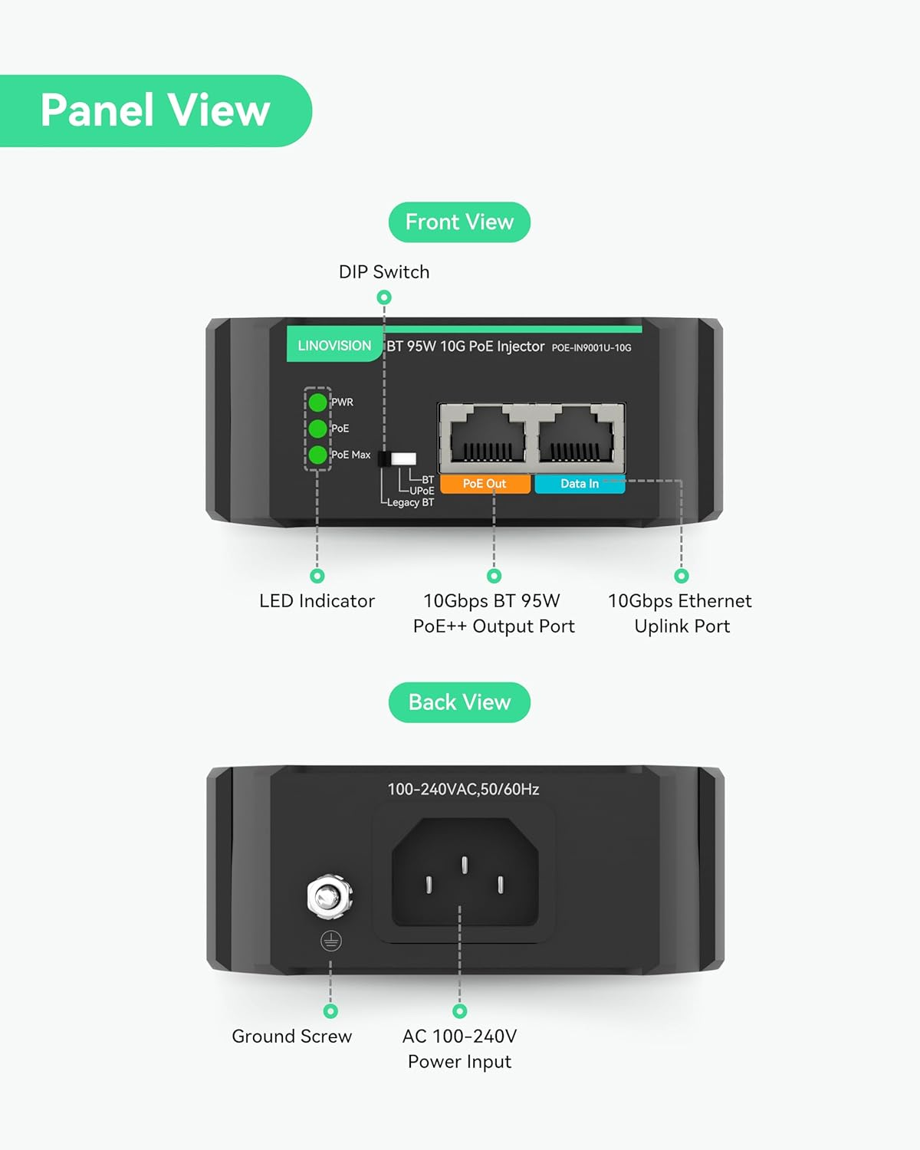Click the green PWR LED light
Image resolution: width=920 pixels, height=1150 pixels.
317,402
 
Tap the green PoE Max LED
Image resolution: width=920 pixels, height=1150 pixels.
317,455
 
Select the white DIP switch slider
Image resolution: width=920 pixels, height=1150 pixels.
403,459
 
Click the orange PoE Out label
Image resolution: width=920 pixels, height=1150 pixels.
485,484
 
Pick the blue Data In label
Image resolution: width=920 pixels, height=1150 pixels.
580,484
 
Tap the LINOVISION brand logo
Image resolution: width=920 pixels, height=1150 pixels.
334,346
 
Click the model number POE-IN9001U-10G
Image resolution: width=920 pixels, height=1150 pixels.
591,348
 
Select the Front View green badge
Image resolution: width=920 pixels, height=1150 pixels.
459,222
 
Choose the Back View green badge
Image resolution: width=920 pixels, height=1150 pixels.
459,702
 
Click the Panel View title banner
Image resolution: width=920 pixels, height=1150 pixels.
155,110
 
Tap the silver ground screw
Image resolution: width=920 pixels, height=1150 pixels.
329,896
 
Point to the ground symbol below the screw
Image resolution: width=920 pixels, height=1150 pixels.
330,941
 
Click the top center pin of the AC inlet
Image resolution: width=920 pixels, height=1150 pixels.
465,865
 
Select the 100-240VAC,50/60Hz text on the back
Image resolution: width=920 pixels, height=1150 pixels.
463,790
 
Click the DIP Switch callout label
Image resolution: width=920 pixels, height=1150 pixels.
384,272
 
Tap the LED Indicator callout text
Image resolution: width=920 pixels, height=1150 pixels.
317,601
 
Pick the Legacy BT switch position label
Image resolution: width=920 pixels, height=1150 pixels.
410,503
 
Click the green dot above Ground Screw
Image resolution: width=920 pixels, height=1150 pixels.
330,1011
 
